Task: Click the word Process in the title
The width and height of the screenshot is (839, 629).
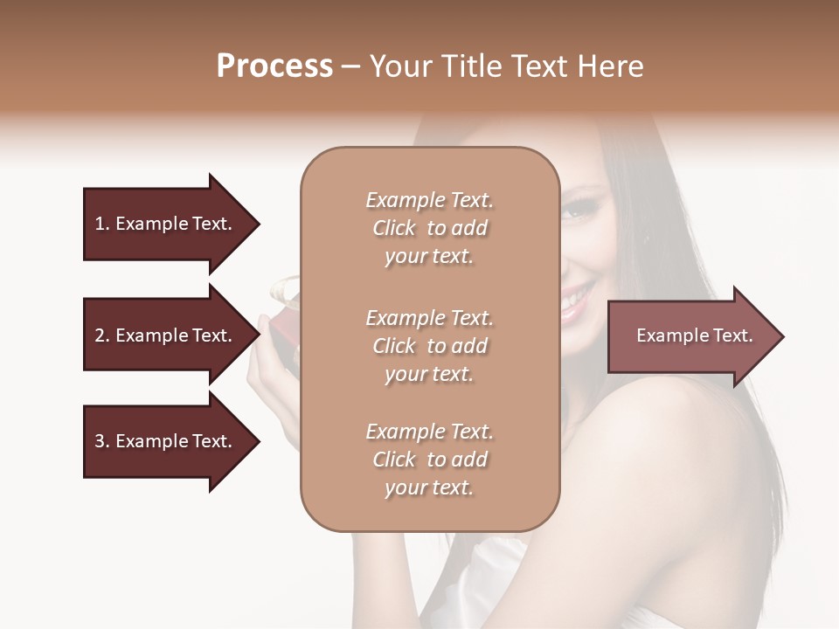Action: [x=274, y=66]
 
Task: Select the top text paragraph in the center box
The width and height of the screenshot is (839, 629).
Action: [x=429, y=228]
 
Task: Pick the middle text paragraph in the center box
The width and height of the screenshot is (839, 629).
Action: [x=429, y=346]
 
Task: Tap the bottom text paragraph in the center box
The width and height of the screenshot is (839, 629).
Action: [x=429, y=460]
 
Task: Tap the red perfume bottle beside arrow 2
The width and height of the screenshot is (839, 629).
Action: [x=284, y=336]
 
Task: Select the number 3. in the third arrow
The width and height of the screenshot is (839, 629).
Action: [x=102, y=442]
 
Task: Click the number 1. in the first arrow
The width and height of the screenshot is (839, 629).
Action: [x=102, y=225]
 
